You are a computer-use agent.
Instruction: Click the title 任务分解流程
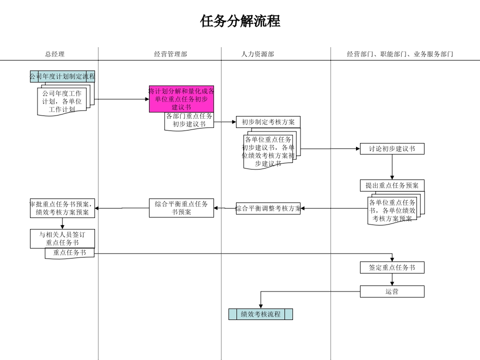point(240,21)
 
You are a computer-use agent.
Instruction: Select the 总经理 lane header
point(54,54)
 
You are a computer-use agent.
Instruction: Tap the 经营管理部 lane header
point(170,54)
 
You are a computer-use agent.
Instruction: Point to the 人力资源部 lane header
point(257,54)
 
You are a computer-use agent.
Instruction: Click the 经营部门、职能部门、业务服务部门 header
point(400,54)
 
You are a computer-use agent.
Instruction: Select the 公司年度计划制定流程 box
point(62,76)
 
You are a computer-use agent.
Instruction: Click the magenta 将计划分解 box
point(181,98)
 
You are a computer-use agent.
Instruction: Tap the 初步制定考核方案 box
point(268,122)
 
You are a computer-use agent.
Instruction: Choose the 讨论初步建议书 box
point(392,148)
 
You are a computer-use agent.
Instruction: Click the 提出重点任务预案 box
point(392,185)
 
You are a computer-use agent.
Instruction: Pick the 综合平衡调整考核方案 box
point(268,208)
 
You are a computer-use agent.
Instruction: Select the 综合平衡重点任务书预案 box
point(181,208)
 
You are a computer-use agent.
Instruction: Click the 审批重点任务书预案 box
point(62,208)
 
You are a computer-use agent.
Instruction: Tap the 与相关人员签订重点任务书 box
point(62,238)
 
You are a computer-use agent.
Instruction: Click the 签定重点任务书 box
point(392,267)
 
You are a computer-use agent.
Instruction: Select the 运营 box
point(392,291)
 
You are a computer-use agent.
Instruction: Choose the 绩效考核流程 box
point(260,314)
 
